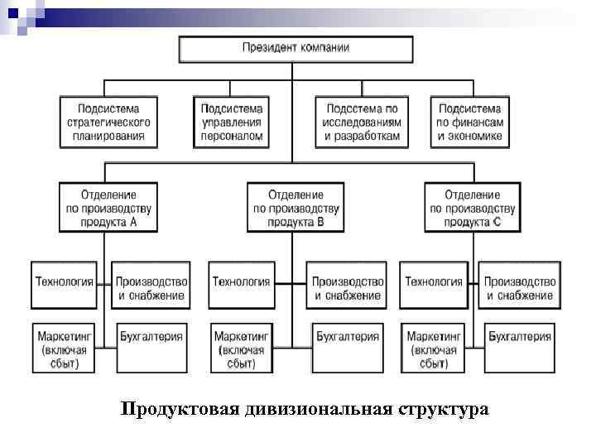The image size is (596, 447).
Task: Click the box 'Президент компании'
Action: click(x=295, y=48)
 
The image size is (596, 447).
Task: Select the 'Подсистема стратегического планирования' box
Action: click(x=109, y=123)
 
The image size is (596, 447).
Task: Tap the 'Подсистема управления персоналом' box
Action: click(x=233, y=123)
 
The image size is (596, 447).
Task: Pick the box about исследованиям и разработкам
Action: click(x=363, y=123)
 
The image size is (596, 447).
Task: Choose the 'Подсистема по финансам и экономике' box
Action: click(x=469, y=123)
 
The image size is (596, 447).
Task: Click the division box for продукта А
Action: click(x=109, y=207)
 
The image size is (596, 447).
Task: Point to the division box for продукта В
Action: click(x=296, y=207)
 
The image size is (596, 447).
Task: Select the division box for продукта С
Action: click(x=473, y=207)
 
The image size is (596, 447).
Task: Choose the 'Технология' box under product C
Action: click(x=434, y=282)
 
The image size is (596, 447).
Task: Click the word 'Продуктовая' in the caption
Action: click(x=180, y=410)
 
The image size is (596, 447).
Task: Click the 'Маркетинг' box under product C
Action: click(x=434, y=348)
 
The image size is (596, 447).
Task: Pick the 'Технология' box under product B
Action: click(x=242, y=282)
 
